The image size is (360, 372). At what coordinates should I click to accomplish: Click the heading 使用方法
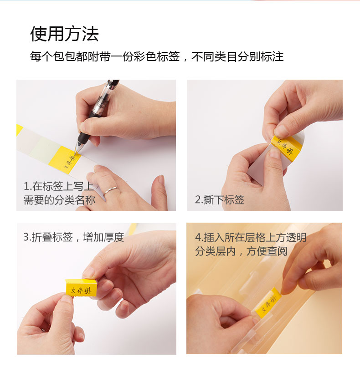coord(64,34)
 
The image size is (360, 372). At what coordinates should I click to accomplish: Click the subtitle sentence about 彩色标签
coord(157,56)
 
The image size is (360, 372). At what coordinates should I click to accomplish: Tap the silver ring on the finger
coord(110,190)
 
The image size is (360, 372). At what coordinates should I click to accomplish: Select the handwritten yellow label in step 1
coord(64,160)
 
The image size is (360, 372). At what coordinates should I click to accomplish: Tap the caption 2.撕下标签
coord(220,200)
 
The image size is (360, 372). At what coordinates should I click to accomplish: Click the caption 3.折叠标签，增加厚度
coord(74,237)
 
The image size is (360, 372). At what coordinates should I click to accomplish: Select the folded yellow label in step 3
coord(81,288)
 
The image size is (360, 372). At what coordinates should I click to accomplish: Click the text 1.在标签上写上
coord(58,186)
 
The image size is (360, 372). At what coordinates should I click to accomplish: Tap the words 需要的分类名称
coord(59,200)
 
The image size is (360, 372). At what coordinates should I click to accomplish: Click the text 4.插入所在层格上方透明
coord(251,238)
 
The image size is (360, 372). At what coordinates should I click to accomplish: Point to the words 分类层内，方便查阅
coord(241,251)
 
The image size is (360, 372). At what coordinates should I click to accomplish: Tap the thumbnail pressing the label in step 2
coord(281,131)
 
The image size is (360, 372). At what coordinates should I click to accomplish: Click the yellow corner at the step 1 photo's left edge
coord(19,129)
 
